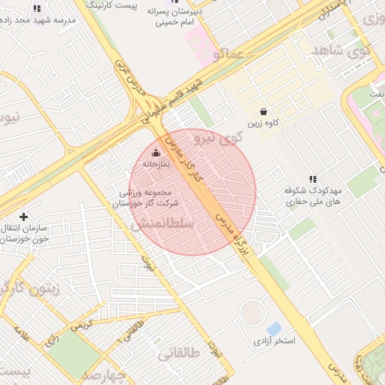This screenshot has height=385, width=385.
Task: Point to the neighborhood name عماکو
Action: click(x=227, y=54)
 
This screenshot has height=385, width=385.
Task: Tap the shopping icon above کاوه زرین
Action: click(x=262, y=111)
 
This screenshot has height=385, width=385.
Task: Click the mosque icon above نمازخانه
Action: click(x=156, y=153)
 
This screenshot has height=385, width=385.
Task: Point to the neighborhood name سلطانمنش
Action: click(x=162, y=224)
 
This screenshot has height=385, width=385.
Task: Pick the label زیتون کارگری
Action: click(x=34, y=289)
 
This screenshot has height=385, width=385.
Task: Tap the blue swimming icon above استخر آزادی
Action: click(x=274, y=328)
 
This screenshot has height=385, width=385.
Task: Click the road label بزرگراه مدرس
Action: click(x=231, y=226)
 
